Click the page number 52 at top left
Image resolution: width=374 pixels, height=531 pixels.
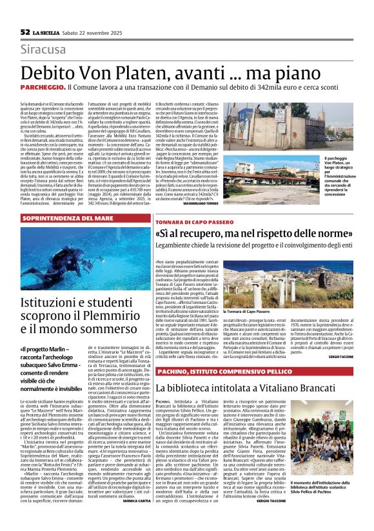[25, 32]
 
